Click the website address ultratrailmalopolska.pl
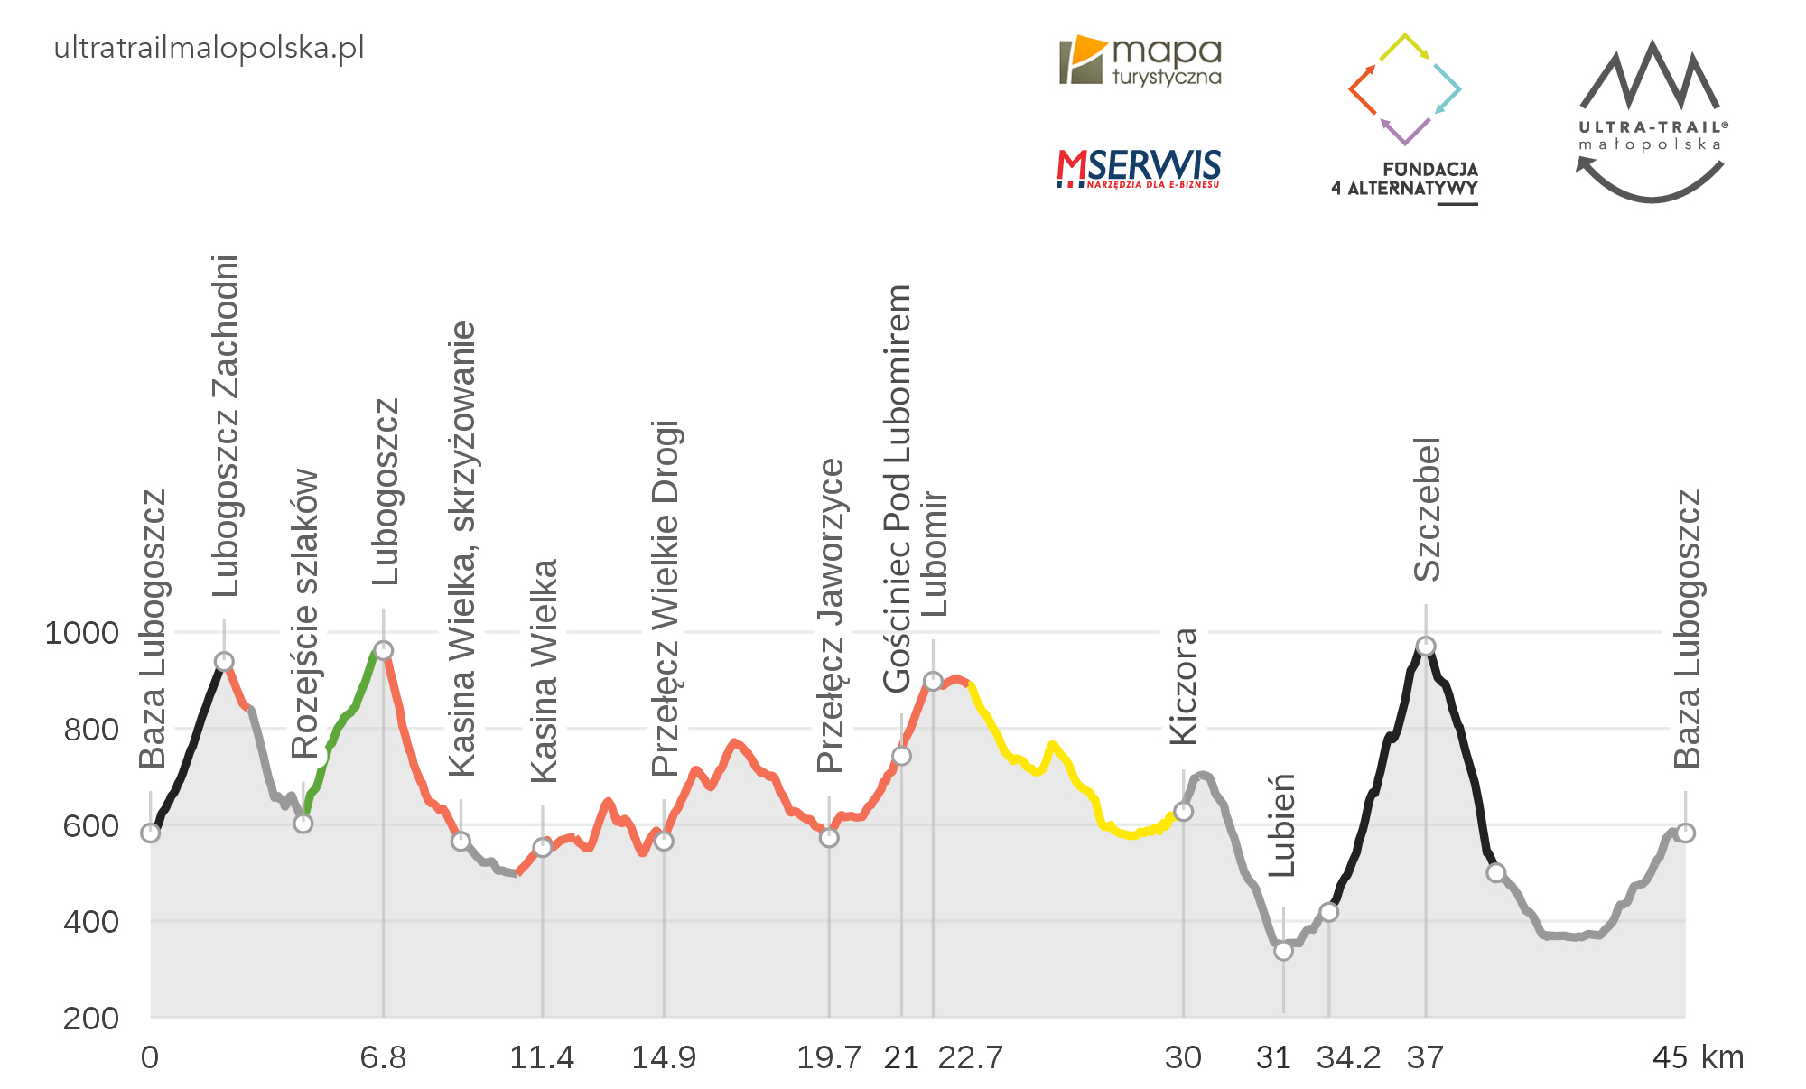point(209,48)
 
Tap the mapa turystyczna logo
point(1140,61)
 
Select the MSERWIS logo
point(1138,169)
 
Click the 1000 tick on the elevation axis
point(81,632)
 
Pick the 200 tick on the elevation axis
point(90,1018)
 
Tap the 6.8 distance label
point(383,1056)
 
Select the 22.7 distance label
point(970,1056)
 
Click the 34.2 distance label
point(1348,1056)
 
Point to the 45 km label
point(1698,1056)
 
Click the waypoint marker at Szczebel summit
point(1426,646)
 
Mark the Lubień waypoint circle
point(1283,950)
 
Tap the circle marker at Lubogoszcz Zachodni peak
point(224,662)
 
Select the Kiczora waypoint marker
point(1183,811)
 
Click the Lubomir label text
point(935,554)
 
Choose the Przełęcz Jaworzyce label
point(830,616)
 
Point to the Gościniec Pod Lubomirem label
point(897,489)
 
